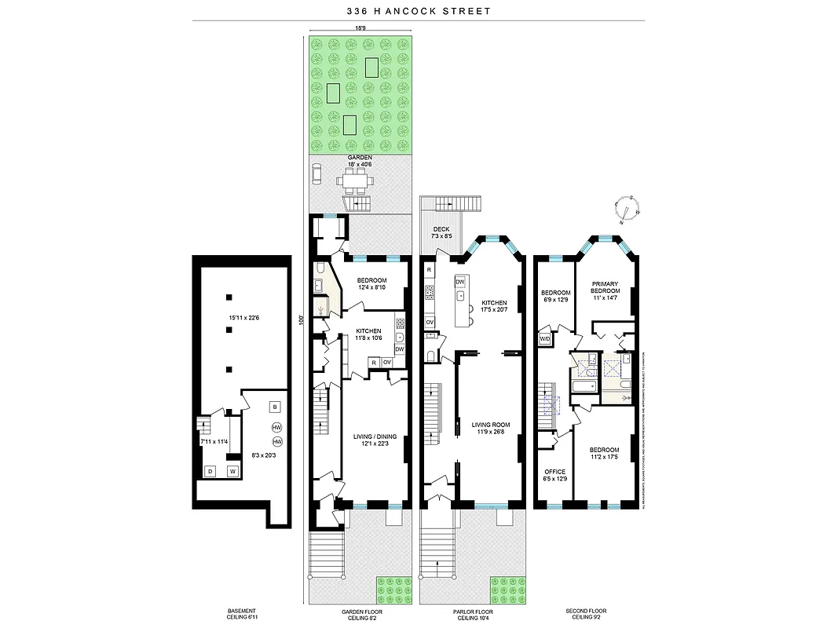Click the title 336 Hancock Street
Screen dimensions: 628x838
(419, 11)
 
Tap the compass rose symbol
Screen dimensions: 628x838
(628, 209)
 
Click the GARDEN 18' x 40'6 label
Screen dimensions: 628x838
(360, 161)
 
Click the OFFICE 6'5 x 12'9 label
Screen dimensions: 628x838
(554, 475)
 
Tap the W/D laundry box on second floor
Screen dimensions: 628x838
(545, 339)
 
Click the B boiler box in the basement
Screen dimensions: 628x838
(274, 407)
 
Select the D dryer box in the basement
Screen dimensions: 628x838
(210, 471)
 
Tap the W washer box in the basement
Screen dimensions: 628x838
(232, 471)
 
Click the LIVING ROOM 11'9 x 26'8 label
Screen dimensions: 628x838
(491, 429)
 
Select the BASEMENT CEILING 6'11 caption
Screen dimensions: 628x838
(236, 614)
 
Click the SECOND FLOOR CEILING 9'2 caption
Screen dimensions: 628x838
(586, 614)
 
